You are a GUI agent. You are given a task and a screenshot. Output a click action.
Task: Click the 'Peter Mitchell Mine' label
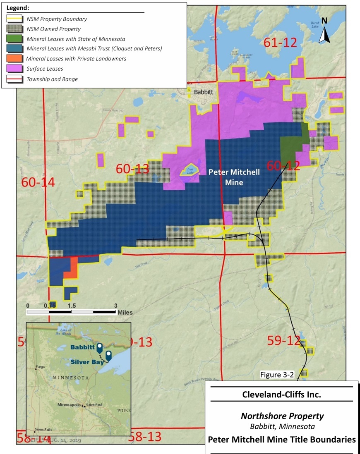tap(234, 177)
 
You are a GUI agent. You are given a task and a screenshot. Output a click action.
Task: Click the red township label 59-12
tap(283, 341)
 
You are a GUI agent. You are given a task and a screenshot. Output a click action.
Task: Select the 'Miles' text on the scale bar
tap(125, 313)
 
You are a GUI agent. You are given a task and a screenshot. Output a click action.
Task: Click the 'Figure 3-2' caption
tap(277, 375)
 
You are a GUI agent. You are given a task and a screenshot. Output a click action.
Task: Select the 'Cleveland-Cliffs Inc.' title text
tap(282, 394)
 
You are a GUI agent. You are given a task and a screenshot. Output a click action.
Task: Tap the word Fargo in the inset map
tap(40, 367)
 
